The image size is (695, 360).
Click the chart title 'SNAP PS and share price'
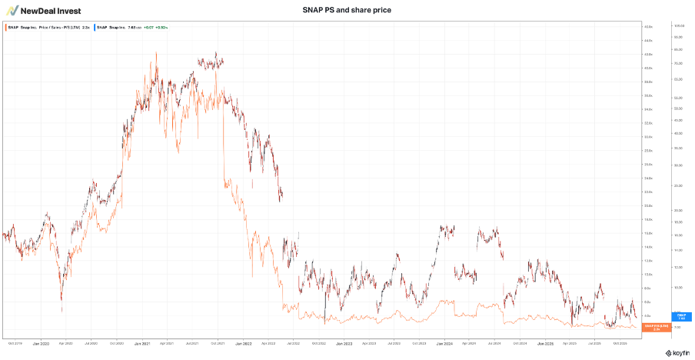[347, 10]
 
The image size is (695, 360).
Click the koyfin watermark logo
[676, 353]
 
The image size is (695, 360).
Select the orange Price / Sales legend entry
[47, 27]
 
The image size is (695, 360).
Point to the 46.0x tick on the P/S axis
[648, 27]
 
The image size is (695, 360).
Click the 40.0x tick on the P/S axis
[648, 68]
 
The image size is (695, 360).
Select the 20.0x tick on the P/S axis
[648, 205]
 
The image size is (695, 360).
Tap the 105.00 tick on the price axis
[679, 27]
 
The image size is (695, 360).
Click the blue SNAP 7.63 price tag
[680, 316]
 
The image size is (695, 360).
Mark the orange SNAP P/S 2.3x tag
[653, 327]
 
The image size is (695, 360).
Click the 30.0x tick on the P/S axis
[648, 137]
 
